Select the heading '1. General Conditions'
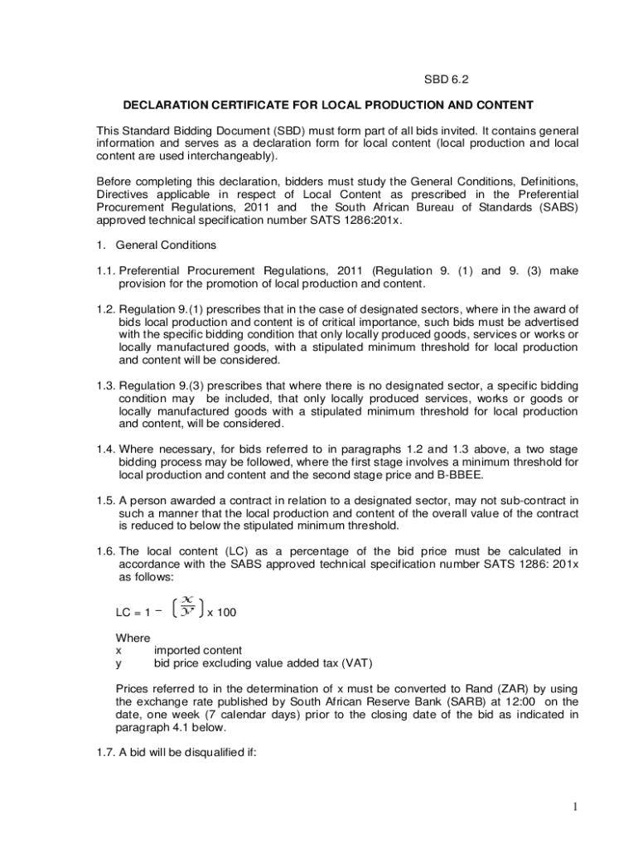(157, 245)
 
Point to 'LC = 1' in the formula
(133, 614)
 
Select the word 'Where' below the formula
(133, 638)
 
